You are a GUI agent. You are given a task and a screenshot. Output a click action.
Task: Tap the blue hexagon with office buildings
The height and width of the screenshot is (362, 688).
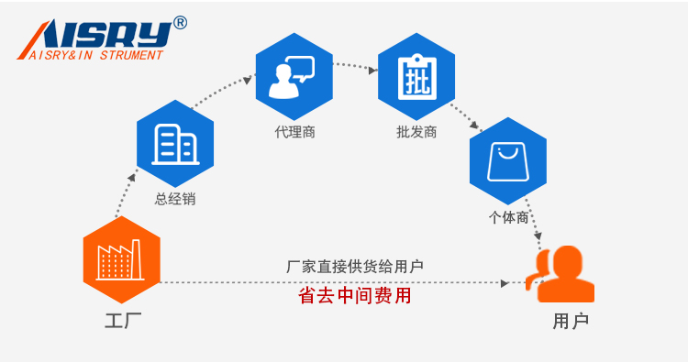pos(174,144)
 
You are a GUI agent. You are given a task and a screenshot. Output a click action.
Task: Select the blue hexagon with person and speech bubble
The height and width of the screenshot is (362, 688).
pos(294,77)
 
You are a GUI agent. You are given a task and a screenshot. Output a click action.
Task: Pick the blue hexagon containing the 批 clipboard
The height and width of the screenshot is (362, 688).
pos(416,77)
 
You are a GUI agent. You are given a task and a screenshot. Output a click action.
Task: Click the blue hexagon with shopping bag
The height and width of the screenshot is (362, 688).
pos(507,161)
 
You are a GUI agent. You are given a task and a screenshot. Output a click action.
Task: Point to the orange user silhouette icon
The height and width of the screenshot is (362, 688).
pos(560,274)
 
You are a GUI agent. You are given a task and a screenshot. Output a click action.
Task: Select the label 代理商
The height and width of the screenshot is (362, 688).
pos(294,132)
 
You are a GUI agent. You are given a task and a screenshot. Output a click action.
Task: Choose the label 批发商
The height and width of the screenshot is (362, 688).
pos(416,132)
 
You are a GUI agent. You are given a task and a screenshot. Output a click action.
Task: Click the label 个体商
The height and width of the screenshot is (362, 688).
pos(507,217)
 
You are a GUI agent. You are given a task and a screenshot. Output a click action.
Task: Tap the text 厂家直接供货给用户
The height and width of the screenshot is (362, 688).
pos(354,267)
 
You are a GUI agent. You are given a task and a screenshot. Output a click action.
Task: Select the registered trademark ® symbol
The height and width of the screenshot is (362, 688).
pos(179,23)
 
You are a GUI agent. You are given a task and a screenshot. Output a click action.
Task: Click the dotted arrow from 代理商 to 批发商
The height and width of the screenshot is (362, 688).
pos(355,66)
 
